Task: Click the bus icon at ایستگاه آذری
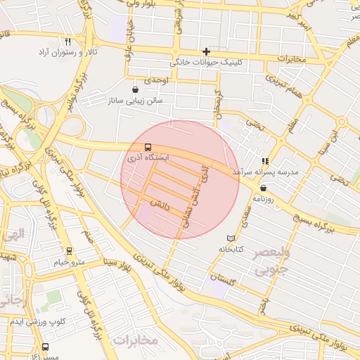tap(148, 148)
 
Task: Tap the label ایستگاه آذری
tap(148, 159)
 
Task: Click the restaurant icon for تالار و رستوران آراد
tap(67, 42)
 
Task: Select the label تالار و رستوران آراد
tap(67, 53)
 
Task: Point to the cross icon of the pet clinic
tap(206, 51)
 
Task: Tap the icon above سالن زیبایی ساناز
tap(135, 90)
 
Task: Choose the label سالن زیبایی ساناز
tap(135, 101)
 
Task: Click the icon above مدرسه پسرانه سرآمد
tap(266, 161)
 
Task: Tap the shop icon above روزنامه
tap(263, 188)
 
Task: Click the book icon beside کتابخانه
tap(231, 238)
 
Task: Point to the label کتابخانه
tap(231, 249)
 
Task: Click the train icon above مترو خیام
tap(69, 251)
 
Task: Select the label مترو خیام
tap(69, 262)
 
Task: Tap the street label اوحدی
tap(157, 81)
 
